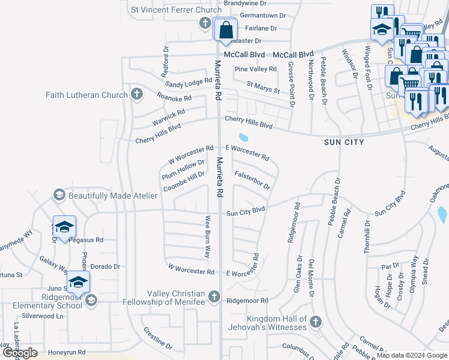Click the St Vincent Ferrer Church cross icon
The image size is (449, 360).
point(204,23)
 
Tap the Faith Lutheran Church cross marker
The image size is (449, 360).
point(137,94)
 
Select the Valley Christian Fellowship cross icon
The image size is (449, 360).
point(214,296)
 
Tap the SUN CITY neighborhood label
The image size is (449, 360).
point(343,142)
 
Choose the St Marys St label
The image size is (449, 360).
point(264,88)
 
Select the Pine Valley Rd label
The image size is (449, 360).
point(256,69)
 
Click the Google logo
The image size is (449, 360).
point(20,353)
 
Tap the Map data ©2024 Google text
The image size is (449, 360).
point(411,355)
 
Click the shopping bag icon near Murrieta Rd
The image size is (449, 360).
point(225,30)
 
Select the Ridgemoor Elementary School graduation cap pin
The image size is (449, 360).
point(91,299)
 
